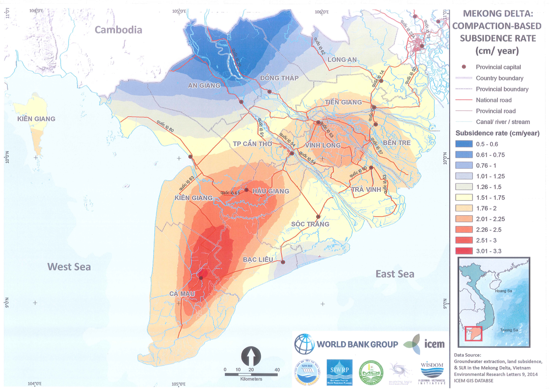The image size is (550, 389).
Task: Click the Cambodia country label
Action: tap(118, 30)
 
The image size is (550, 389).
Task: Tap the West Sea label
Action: tap(69, 267)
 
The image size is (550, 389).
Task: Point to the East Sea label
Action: tap(395, 274)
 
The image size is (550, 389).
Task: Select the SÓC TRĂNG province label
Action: tap(310, 224)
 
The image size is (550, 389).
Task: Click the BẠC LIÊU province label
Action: tap(258, 260)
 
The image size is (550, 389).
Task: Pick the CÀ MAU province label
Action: tap(182, 294)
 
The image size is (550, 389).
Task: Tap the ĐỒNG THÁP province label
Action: tap(279, 78)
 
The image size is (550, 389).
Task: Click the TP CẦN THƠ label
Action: tap(252, 144)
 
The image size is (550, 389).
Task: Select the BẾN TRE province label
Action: tap(397, 143)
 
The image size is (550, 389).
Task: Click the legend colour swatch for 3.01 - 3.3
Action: tap(464, 251)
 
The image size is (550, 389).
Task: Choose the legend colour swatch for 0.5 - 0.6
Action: tap(464, 144)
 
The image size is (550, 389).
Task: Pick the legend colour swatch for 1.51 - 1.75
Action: tap(464, 197)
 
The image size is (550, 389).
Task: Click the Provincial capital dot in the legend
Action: tap(464, 67)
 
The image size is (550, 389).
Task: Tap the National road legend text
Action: tap(493, 100)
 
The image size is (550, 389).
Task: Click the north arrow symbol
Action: tap(251, 356)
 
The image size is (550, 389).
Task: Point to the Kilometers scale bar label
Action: tap(251, 379)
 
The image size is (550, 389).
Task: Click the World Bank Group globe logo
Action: tap(304, 344)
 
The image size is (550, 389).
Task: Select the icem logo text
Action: tap(434, 344)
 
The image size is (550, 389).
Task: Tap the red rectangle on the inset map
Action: tap(473, 334)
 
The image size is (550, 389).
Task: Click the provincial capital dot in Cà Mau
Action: tap(201, 278)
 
